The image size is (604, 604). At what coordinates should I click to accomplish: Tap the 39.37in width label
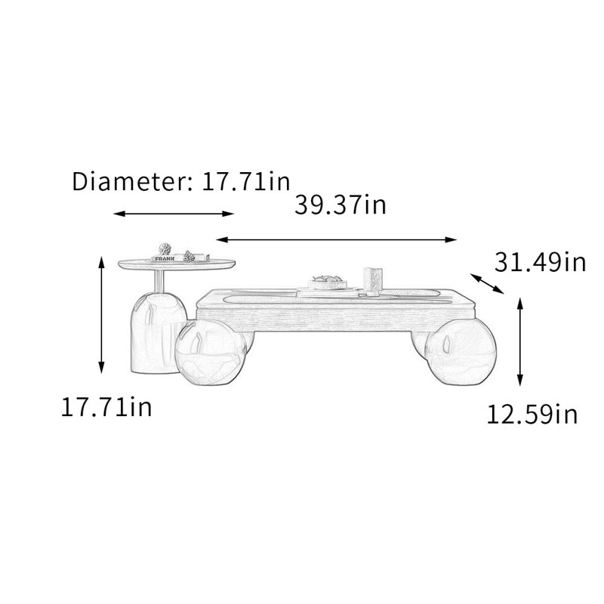[341, 205]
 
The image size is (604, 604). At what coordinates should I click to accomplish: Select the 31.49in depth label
[540, 262]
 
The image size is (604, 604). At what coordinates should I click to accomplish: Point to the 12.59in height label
[532, 414]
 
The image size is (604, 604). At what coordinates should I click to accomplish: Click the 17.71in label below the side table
[106, 407]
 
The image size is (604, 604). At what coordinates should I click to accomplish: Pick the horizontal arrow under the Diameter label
[174, 214]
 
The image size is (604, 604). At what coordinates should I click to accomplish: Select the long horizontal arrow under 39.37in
[336, 239]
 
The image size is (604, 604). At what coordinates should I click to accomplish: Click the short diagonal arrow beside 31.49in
[487, 284]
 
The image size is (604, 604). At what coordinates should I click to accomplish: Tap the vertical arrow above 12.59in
[520, 342]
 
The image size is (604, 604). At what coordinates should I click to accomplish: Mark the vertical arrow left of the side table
[101, 314]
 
